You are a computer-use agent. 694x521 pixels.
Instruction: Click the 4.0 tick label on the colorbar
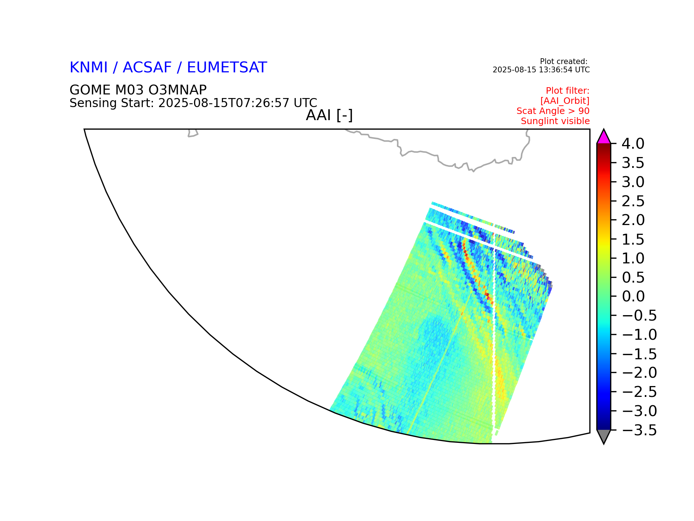[633, 144]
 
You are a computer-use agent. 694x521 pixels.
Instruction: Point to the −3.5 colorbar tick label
[639, 431]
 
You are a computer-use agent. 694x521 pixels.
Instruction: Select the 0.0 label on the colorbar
[633, 297]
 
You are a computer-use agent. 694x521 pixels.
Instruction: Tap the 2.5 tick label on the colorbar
[633, 201]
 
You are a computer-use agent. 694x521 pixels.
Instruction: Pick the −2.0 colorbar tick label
[639, 373]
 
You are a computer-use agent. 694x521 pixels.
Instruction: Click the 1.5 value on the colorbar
[633, 240]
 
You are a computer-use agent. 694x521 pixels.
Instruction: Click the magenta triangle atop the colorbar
[604, 137]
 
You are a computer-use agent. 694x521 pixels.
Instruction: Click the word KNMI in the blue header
[89, 68]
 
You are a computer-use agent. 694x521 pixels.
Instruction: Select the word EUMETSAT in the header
[227, 68]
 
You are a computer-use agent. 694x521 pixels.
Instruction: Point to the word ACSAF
[147, 68]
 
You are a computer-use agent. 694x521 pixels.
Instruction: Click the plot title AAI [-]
[329, 115]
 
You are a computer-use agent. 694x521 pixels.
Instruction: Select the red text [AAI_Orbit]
[565, 101]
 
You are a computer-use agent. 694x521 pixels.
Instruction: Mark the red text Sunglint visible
[555, 121]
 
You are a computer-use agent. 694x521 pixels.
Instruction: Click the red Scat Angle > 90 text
[553, 111]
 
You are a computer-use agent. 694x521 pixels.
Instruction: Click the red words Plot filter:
[568, 91]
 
